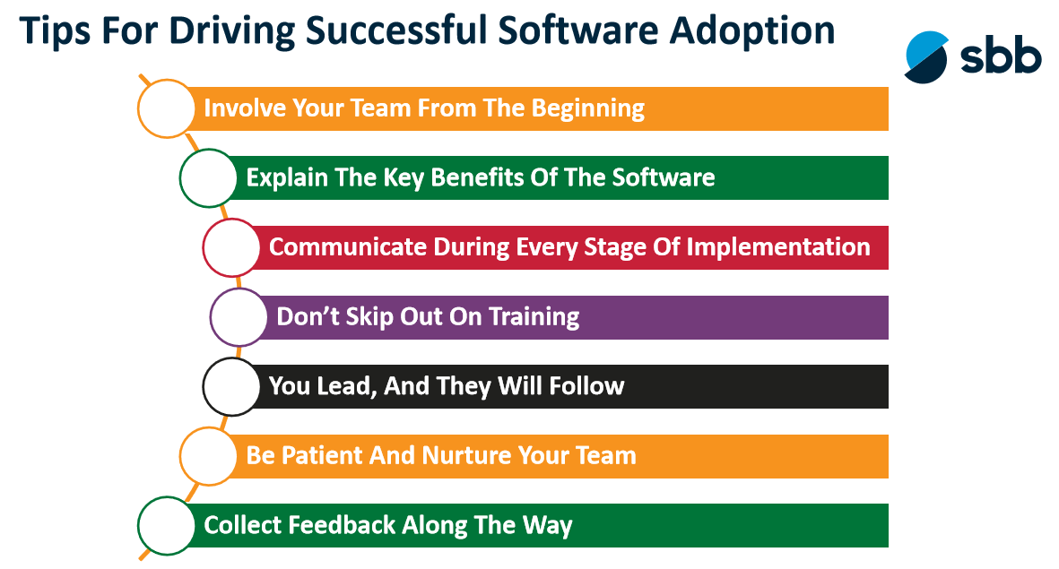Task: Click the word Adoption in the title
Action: point(752,31)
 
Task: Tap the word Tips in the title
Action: point(55,31)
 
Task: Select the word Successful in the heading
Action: point(396,30)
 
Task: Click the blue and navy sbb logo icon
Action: point(926,57)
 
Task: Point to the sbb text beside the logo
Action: point(1001,56)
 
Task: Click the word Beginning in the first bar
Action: point(587,109)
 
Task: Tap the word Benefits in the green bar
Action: point(477,177)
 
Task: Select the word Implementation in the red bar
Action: point(778,248)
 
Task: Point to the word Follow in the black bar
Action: point(586,386)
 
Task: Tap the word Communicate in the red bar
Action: point(347,247)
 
